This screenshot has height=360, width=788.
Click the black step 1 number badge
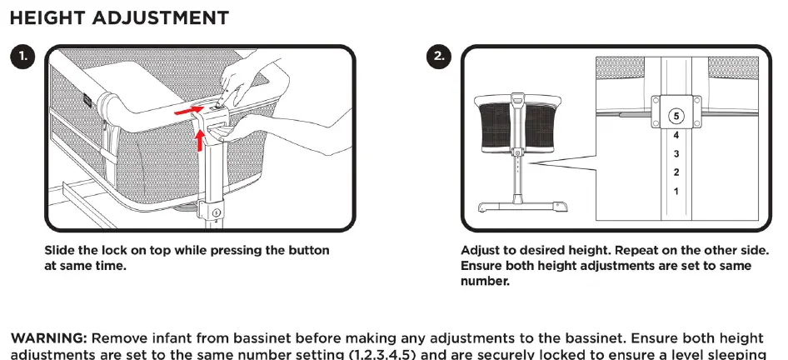click(x=22, y=57)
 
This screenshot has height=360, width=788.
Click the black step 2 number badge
click(x=439, y=57)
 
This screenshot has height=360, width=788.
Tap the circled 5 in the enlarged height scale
click(x=676, y=116)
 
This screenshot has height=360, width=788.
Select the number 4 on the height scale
click(x=676, y=135)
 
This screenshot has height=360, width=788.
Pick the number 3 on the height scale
click(x=676, y=154)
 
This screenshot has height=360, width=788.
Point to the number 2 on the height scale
click(x=676, y=172)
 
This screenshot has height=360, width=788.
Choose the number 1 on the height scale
click(x=676, y=191)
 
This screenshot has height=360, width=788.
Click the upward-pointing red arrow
click(x=200, y=139)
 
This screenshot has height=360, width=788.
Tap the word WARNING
click(x=49, y=337)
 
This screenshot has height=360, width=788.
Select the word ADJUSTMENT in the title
click(x=160, y=18)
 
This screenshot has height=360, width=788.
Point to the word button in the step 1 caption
click(x=308, y=250)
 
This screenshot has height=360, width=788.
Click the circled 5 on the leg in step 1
click(x=217, y=212)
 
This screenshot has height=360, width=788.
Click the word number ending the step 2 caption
click(x=485, y=281)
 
